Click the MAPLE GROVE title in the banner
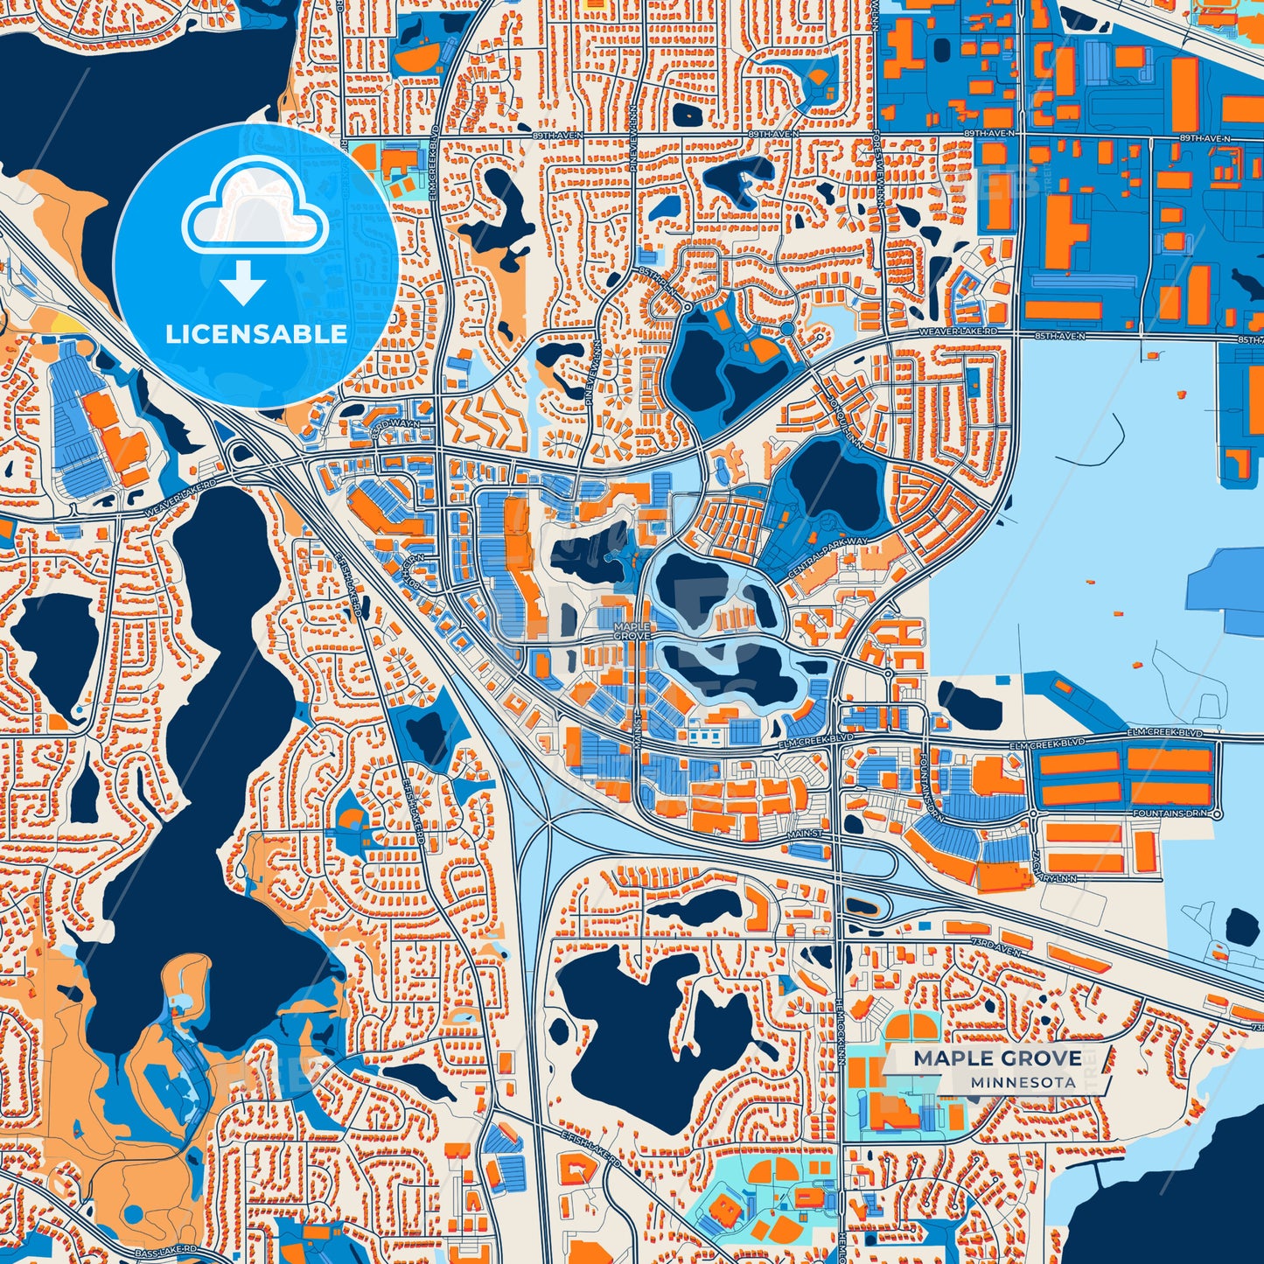[997, 1058]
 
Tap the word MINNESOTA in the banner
[1022, 1082]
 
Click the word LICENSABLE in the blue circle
[256, 334]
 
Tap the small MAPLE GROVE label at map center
[632, 631]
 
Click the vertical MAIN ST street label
[637, 729]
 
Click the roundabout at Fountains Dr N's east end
[1218, 814]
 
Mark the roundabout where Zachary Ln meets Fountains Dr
[1033, 814]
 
